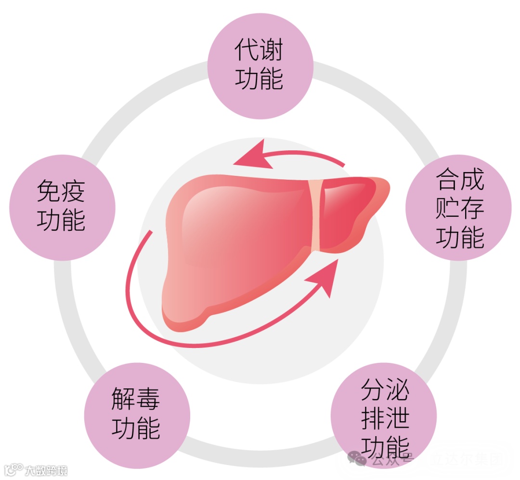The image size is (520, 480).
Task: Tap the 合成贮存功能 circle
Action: (458, 208)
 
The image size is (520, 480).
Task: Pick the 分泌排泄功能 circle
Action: (384, 414)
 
